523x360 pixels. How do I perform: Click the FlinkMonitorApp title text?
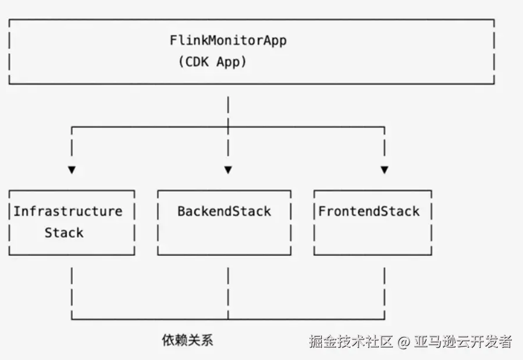pos(228,41)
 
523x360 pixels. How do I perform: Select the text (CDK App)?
pos(212,62)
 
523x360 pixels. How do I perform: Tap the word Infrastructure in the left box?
pos(68,211)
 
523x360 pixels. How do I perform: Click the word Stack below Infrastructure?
pos(64,233)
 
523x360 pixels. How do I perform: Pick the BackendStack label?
pos(224,211)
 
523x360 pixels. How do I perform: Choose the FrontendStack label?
pos(369,211)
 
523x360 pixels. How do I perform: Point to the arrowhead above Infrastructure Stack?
pos(72,170)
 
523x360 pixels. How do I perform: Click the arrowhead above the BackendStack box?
pos(228,170)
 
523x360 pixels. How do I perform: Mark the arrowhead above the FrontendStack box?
pos(384,170)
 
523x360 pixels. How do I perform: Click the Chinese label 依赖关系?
pos(187,340)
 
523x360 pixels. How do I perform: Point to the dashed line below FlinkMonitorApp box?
pos(228,111)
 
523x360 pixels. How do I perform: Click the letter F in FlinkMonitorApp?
pos(173,41)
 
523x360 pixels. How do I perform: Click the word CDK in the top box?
pos(200,62)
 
